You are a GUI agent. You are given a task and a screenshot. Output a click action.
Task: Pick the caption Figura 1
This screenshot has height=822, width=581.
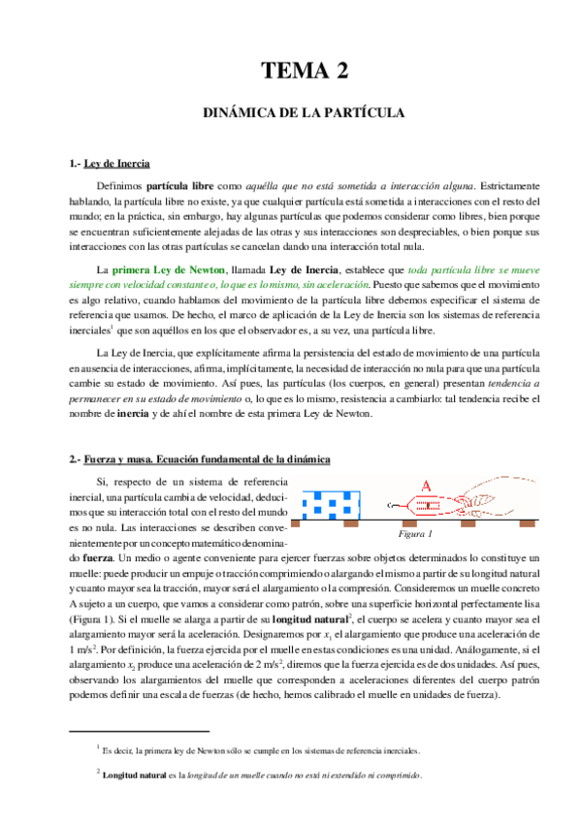414,534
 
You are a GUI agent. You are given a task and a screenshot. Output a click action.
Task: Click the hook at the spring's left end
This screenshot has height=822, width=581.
391,505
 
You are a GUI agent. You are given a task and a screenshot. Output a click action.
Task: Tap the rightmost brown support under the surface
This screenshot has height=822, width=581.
529,524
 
